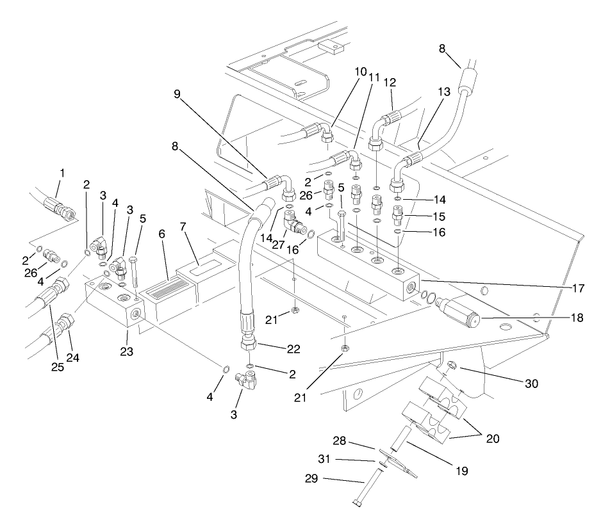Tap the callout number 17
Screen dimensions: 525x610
coord(578,289)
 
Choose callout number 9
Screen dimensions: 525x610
coord(177,93)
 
